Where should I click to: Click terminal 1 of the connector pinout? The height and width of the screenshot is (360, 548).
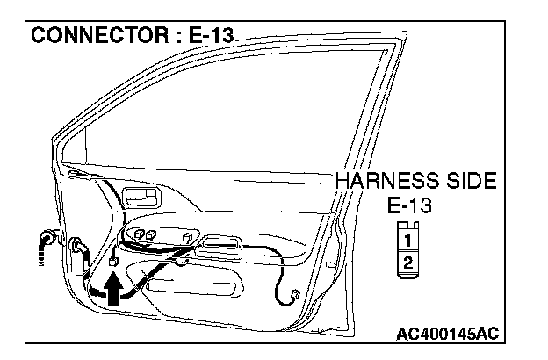click(x=407, y=237)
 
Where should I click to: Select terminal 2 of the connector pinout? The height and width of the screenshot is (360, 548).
click(x=407, y=262)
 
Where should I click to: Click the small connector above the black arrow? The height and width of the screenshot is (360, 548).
click(x=112, y=261)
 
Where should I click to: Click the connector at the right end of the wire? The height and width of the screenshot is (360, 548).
click(x=295, y=294)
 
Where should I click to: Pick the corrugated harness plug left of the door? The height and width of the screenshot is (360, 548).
click(x=45, y=243)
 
